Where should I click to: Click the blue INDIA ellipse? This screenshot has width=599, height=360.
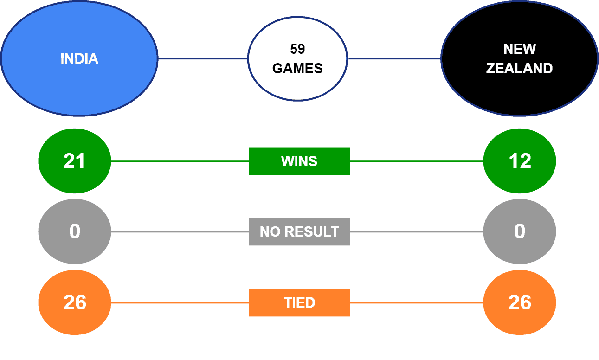pos(79,58)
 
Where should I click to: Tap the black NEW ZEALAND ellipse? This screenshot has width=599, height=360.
pos(520,58)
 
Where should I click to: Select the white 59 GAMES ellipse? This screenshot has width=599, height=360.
pos(297,58)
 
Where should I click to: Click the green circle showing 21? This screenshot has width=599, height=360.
pos(75,161)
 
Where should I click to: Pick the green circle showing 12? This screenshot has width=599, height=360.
pos(520,161)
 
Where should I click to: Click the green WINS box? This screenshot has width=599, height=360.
pos(300,161)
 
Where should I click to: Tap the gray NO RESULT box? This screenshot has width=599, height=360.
pos(300,231)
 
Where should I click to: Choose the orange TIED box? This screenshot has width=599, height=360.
pos(300,302)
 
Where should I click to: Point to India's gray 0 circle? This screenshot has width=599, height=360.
pos(75,231)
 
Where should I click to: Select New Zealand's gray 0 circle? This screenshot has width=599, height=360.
pos(520,231)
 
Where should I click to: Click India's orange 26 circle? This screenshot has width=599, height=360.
pos(75,302)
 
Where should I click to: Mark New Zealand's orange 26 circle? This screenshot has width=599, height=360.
pos(520,302)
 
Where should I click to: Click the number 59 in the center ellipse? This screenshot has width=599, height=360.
pos(297,49)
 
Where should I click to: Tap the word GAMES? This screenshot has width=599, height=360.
pos(297,69)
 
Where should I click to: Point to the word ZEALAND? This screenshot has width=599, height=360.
pos(519,69)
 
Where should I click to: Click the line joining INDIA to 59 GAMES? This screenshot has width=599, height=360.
pos(203,58)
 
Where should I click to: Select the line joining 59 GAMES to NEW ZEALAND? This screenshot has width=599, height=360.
pos(394,58)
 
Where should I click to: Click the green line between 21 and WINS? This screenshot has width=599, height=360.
pos(180,161)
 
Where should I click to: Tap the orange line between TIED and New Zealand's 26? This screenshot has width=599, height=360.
pos(417,302)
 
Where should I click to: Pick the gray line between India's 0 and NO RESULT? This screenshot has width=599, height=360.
pos(180,231)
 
